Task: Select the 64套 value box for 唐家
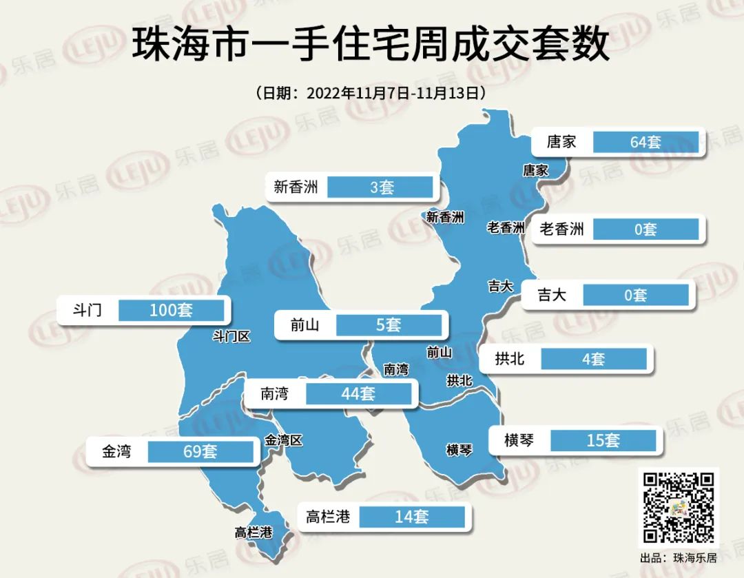tap(645, 142)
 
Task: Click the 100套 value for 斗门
tap(171, 310)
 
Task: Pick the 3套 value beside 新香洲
tap(381, 187)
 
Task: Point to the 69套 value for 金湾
tap(200, 452)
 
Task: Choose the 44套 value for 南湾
tap(358, 394)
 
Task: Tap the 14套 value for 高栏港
tap(412, 517)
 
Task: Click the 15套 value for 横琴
tap(603, 440)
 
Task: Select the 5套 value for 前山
tap(388, 324)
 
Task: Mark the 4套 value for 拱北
tap(592, 359)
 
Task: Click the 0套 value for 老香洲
tap(645, 229)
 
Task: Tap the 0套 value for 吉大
tap(635, 296)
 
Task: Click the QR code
tap(679, 507)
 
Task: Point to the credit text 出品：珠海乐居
tap(679, 558)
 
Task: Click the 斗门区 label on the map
tap(231, 337)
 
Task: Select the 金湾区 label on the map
tap(284, 440)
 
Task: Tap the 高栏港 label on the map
tap(254, 533)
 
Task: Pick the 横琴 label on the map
tap(459, 451)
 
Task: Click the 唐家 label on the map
tap(535, 170)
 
